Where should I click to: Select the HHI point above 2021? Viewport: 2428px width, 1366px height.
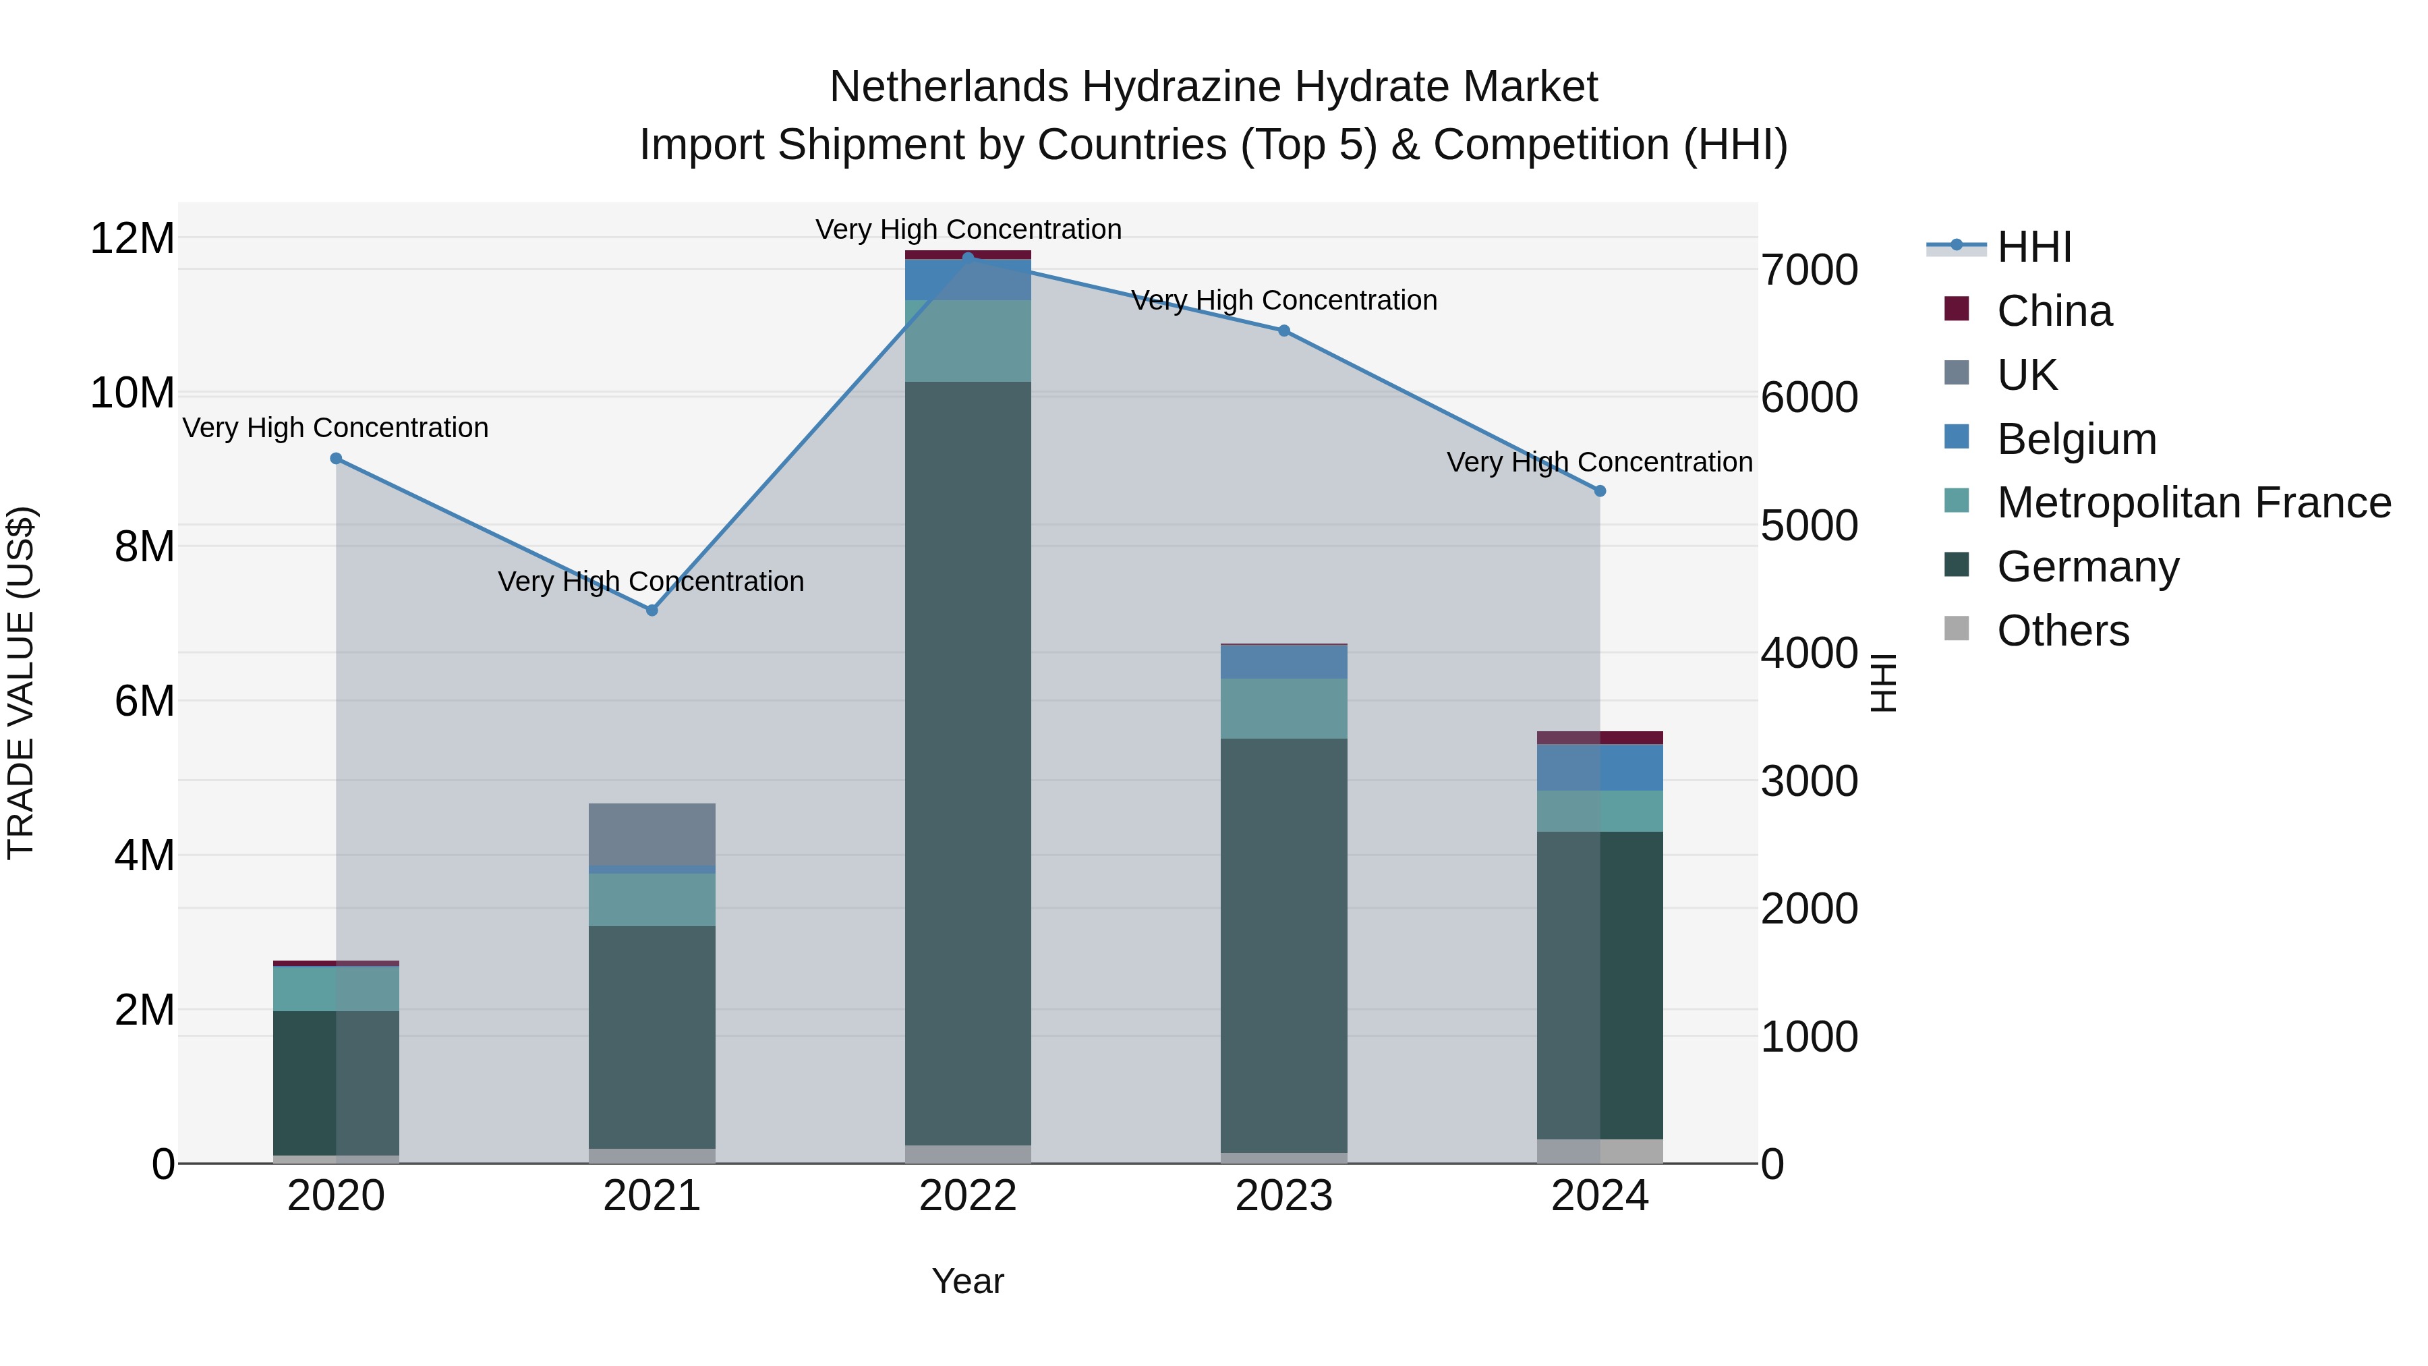(652, 610)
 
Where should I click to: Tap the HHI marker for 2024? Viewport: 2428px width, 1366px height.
(1600, 491)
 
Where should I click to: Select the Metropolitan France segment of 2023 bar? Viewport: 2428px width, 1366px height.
(1283, 708)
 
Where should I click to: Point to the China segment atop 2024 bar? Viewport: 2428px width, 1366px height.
(1600, 737)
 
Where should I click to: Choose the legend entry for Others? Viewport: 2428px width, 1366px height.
(2062, 631)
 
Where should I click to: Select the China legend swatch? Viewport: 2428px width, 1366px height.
(1957, 309)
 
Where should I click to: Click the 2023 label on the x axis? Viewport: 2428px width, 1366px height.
(1283, 1196)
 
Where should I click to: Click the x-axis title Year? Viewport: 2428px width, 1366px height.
(968, 1281)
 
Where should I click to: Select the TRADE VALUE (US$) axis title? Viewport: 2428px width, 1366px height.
(21, 683)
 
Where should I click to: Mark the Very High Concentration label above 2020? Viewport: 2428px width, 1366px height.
(336, 428)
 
